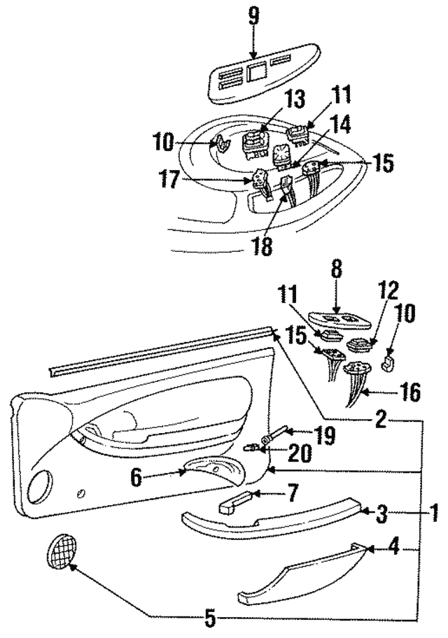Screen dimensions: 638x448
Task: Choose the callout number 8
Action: click(x=337, y=268)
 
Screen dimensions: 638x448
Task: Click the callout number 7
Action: click(x=288, y=495)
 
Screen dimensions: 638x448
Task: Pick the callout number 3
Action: click(x=381, y=516)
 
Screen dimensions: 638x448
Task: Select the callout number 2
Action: click(x=379, y=420)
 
